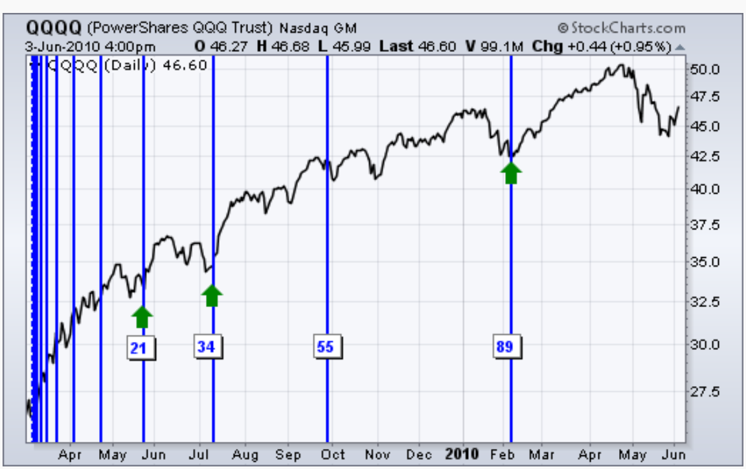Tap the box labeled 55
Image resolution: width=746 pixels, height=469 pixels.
(x=325, y=347)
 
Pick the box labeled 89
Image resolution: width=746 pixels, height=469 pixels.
(x=504, y=347)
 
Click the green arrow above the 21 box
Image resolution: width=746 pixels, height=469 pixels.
(x=142, y=316)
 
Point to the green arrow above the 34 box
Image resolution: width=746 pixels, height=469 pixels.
(x=212, y=295)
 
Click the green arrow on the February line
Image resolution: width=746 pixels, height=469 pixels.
(x=511, y=172)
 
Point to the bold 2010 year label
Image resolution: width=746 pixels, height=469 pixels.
(x=462, y=454)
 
